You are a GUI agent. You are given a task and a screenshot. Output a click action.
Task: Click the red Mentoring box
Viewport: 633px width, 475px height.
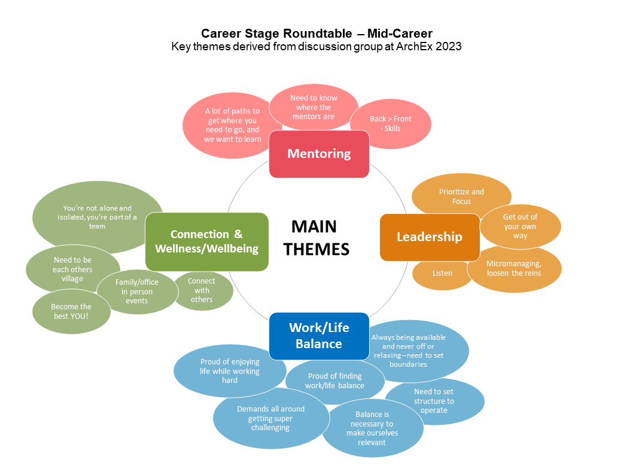(x=319, y=154)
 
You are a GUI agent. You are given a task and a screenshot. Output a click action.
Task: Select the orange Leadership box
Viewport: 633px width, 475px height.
(x=429, y=237)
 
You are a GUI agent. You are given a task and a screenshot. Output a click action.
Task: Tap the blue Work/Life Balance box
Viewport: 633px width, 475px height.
(x=318, y=336)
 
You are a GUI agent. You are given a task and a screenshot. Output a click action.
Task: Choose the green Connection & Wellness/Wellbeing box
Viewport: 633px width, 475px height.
(x=206, y=241)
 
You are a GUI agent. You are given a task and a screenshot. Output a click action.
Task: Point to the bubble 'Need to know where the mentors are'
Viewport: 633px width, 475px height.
(x=314, y=107)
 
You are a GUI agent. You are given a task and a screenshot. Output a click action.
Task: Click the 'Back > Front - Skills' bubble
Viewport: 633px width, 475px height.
(x=391, y=124)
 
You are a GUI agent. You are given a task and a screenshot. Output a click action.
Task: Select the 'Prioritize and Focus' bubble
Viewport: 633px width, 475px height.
(x=461, y=196)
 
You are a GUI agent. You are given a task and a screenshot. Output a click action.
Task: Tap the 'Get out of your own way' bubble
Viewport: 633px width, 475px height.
(x=520, y=227)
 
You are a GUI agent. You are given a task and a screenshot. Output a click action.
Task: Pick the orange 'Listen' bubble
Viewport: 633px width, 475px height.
(x=442, y=273)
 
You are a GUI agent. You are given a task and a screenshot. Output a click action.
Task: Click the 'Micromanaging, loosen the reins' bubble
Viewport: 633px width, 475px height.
(x=514, y=269)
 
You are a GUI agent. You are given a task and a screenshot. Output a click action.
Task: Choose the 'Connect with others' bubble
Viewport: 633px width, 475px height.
(x=202, y=290)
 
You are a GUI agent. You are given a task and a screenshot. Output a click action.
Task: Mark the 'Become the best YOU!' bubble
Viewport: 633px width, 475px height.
(x=72, y=312)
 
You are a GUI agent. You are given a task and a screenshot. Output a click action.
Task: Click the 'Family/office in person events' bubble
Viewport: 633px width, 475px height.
(x=137, y=291)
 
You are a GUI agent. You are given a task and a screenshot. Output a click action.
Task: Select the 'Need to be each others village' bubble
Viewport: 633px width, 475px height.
(x=72, y=270)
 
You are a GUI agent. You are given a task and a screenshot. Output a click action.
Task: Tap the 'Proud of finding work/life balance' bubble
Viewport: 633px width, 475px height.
(x=334, y=381)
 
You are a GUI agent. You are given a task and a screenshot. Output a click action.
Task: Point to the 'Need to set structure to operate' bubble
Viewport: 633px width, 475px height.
(x=434, y=401)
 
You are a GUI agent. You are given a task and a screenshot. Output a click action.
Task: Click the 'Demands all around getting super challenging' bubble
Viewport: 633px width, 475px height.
(x=270, y=418)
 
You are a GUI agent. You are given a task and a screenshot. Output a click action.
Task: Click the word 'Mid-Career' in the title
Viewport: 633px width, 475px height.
(x=400, y=33)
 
